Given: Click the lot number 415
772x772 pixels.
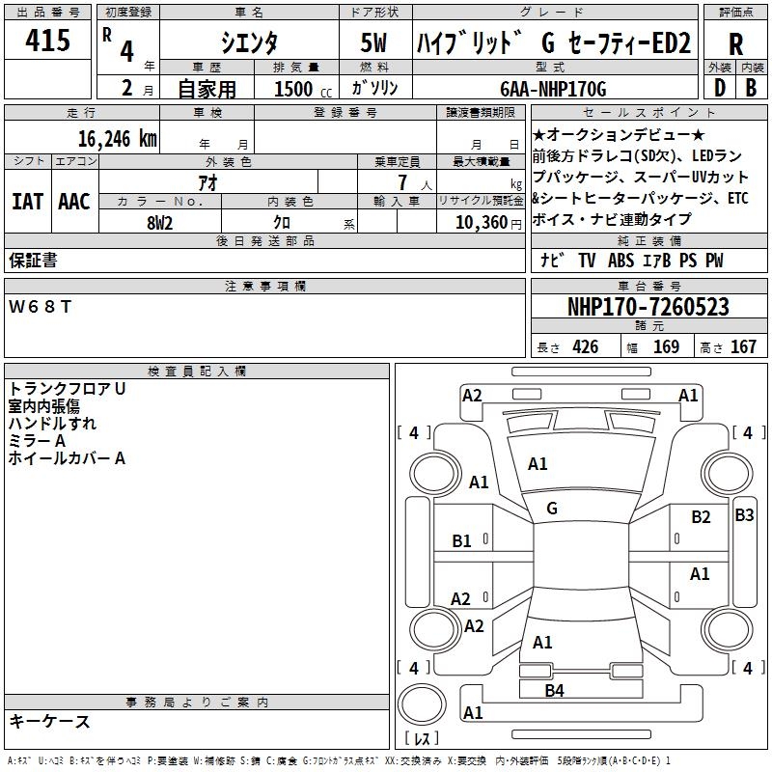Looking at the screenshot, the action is (x=49, y=41).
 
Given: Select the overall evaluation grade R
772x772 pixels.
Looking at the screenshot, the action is (x=735, y=44).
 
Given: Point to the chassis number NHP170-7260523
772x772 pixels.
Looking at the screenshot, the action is (x=648, y=307).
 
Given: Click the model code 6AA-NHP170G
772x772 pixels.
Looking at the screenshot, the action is (x=553, y=89).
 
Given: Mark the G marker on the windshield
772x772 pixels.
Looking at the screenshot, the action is (x=552, y=509).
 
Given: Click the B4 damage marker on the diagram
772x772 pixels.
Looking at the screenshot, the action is (x=554, y=690).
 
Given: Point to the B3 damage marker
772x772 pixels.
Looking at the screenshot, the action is (x=744, y=515).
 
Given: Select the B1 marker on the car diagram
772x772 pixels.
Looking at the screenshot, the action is (x=462, y=541).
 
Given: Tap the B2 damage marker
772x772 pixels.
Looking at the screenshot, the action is (x=701, y=517).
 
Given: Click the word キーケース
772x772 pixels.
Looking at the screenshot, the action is (x=49, y=721).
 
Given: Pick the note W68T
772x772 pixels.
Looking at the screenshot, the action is (x=40, y=307).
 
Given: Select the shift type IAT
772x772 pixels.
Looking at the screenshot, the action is (x=27, y=202).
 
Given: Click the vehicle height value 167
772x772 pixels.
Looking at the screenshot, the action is (x=743, y=347).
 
